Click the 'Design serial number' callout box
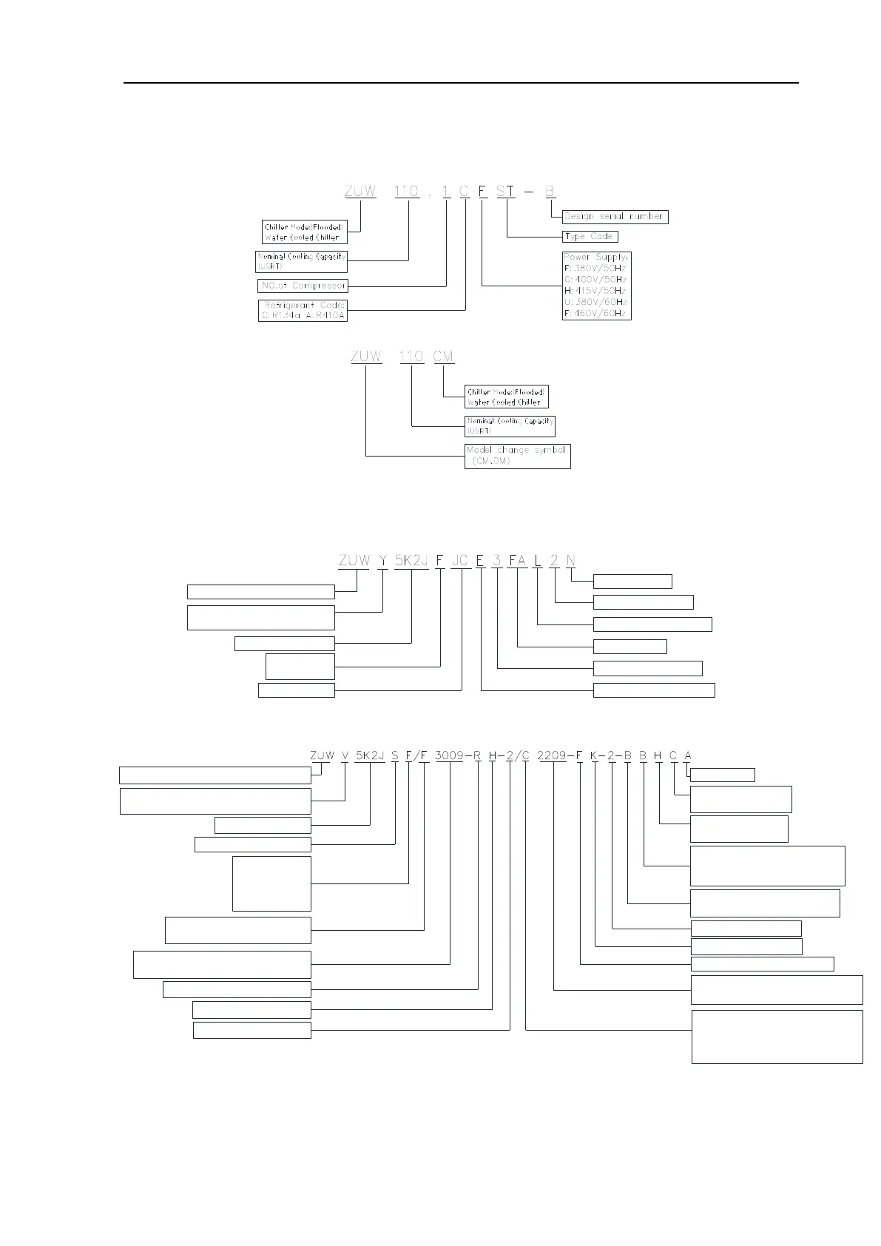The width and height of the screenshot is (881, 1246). (x=615, y=217)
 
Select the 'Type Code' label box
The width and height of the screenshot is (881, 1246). (x=590, y=236)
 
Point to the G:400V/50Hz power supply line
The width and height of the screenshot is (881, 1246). (x=595, y=280)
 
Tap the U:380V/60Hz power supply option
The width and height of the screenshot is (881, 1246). (x=595, y=302)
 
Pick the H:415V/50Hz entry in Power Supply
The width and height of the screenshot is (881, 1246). (x=595, y=291)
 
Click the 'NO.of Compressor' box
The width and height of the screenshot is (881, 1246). (x=303, y=286)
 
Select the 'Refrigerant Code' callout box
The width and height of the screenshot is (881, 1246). (x=303, y=310)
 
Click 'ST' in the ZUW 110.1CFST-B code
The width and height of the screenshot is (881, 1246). (x=506, y=191)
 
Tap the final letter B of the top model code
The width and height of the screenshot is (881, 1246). (x=550, y=191)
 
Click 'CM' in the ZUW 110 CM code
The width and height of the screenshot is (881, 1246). (x=443, y=357)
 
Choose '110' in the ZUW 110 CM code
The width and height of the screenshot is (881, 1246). (x=411, y=357)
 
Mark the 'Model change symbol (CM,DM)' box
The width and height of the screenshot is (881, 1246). (x=518, y=456)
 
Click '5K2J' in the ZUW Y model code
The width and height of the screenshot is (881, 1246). (x=411, y=560)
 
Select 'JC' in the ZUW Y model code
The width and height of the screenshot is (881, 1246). (x=460, y=560)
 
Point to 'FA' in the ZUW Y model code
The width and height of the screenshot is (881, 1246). (x=517, y=560)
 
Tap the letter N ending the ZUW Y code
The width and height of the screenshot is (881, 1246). (x=570, y=560)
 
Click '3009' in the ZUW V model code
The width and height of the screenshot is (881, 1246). (x=449, y=755)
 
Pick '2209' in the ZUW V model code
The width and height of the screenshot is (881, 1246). (x=552, y=755)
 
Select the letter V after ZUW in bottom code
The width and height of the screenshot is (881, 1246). (x=345, y=755)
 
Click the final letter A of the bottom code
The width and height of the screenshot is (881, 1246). (x=688, y=755)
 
